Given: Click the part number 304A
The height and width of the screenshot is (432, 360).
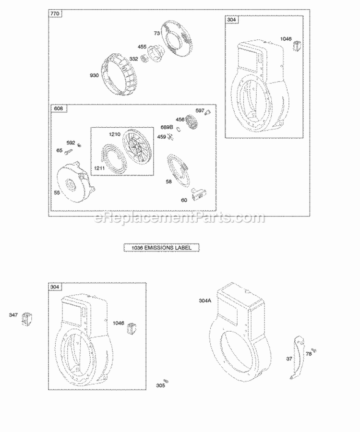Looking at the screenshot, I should coord(205,301).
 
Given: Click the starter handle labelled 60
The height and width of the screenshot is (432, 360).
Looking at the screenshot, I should coord(198,194).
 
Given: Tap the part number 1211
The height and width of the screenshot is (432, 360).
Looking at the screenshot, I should coord(99,168).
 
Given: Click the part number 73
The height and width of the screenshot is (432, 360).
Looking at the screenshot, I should coord(156,33).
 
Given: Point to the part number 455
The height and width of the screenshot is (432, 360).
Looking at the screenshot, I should coord(142,47).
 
